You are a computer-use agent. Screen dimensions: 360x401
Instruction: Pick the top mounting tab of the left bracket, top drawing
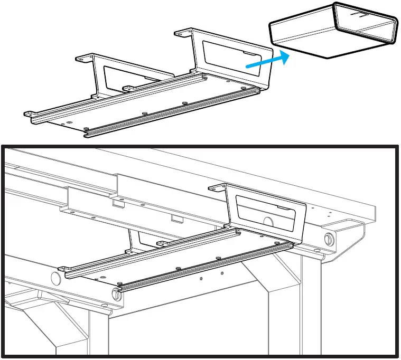point(85,57)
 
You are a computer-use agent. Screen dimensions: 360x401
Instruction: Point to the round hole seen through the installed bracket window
point(268,222)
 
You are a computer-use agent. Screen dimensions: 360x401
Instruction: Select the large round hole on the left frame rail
point(54,278)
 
